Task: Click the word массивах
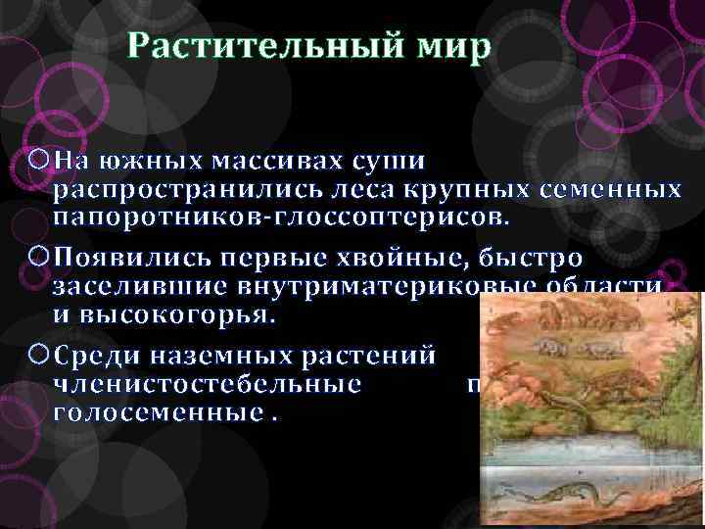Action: [x=269, y=160]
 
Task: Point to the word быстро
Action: [x=530, y=258]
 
